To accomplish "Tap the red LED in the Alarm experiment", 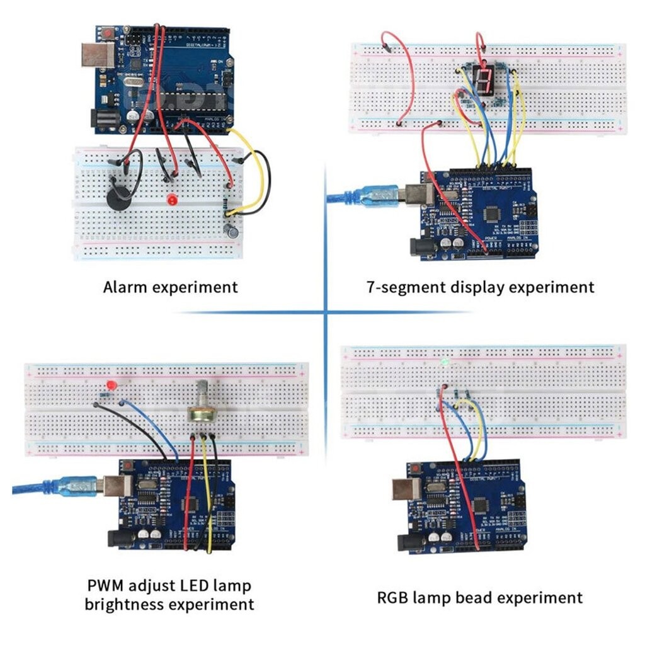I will [171, 200].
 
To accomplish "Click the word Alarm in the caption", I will [125, 287].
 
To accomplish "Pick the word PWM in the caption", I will [107, 586].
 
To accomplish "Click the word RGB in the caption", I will [394, 597].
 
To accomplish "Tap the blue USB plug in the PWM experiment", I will [74, 486].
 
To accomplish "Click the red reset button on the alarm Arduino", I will [110, 32].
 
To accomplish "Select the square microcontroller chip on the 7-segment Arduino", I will [491, 215].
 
